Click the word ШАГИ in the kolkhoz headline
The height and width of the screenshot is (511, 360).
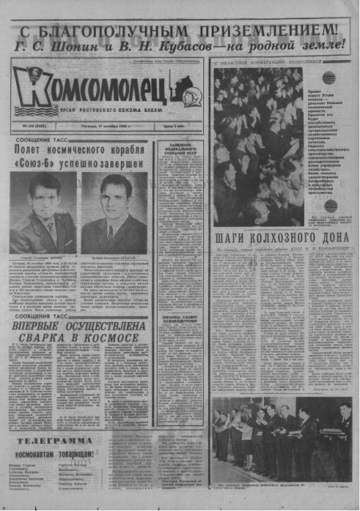pyautogui.click(x=233, y=238)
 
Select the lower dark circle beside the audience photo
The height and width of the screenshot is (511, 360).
pyautogui.click(x=330, y=206)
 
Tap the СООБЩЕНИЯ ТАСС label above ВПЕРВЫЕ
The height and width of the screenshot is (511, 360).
pyautogui.click(x=43, y=316)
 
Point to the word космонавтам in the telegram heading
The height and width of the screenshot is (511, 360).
pyautogui.click(x=37, y=454)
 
